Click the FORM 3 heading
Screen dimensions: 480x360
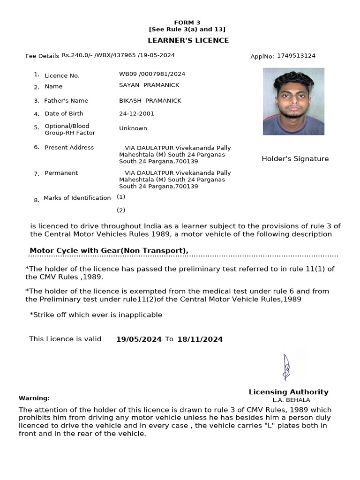click(x=187, y=22)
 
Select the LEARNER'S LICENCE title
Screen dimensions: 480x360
click(x=188, y=40)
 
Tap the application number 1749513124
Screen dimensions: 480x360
click(x=296, y=56)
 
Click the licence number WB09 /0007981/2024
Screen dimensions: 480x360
click(x=152, y=74)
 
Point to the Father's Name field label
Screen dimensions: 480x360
click(x=66, y=101)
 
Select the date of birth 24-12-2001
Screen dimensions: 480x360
click(x=136, y=113)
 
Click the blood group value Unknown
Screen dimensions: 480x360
click(x=133, y=128)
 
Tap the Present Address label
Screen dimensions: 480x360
click(x=69, y=148)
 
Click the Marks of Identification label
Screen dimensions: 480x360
click(x=77, y=198)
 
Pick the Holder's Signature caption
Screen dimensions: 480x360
click(x=295, y=159)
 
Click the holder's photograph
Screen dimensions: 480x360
click(x=293, y=101)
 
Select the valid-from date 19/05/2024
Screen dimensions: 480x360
click(x=139, y=339)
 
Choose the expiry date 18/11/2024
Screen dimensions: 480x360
click(x=200, y=339)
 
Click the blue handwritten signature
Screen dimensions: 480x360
click(x=286, y=367)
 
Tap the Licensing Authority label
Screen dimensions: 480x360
click(x=288, y=392)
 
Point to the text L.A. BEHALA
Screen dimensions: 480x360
click(x=291, y=400)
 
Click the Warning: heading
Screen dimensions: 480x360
click(x=34, y=398)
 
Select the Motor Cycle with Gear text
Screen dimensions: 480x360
click(x=109, y=251)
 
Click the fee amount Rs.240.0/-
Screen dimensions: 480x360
click(x=77, y=55)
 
